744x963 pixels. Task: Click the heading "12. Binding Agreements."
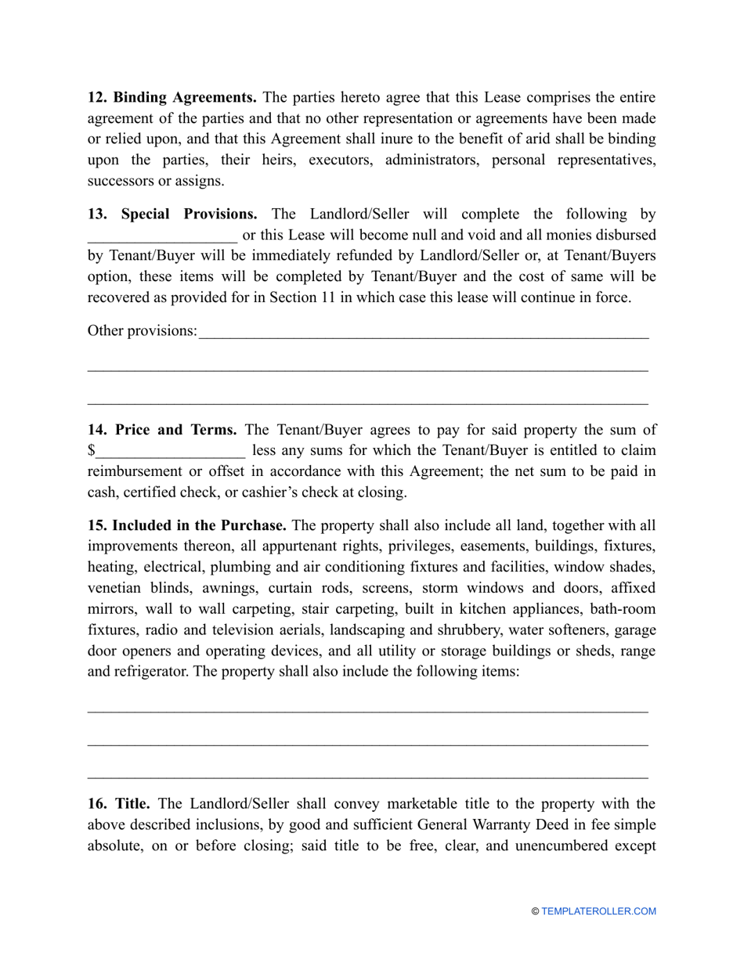click(172, 98)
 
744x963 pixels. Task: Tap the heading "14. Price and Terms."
click(162, 430)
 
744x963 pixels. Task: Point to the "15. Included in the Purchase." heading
click(186, 525)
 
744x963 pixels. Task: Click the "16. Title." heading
click(118, 804)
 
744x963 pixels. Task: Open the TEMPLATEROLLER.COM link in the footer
click(598, 911)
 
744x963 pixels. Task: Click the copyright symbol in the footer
click(536, 911)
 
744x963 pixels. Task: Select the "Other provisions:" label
click(143, 331)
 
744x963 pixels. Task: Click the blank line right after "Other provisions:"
click(424, 333)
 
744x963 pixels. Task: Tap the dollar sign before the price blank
click(92, 451)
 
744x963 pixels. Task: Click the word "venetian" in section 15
click(115, 588)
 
